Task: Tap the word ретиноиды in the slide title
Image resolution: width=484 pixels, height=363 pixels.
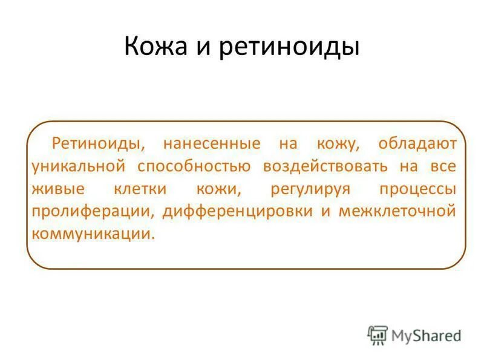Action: click(x=289, y=47)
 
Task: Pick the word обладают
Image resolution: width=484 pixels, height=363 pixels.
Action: click(x=418, y=143)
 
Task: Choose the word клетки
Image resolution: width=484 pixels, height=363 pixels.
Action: click(x=140, y=188)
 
